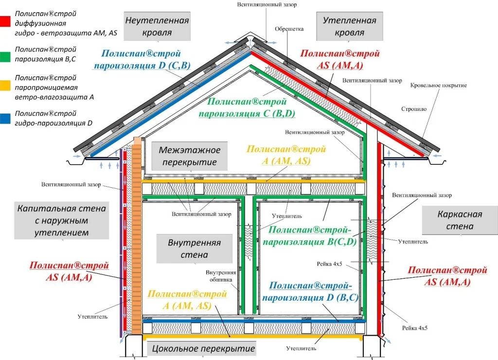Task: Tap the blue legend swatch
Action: click(x=5, y=118)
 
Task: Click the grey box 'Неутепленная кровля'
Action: click(x=157, y=26)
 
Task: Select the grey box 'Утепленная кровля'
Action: click(x=349, y=26)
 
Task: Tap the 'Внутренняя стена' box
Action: click(x=188, y=248)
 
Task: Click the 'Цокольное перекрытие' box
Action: click(x=203, y=348)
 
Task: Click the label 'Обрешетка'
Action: click(x=289, y=29)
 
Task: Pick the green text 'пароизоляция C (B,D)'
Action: click(x=252, y=114)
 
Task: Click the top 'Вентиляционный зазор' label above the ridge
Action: click(x=267, y=4)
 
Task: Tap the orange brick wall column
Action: click(x=136, y=234)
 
